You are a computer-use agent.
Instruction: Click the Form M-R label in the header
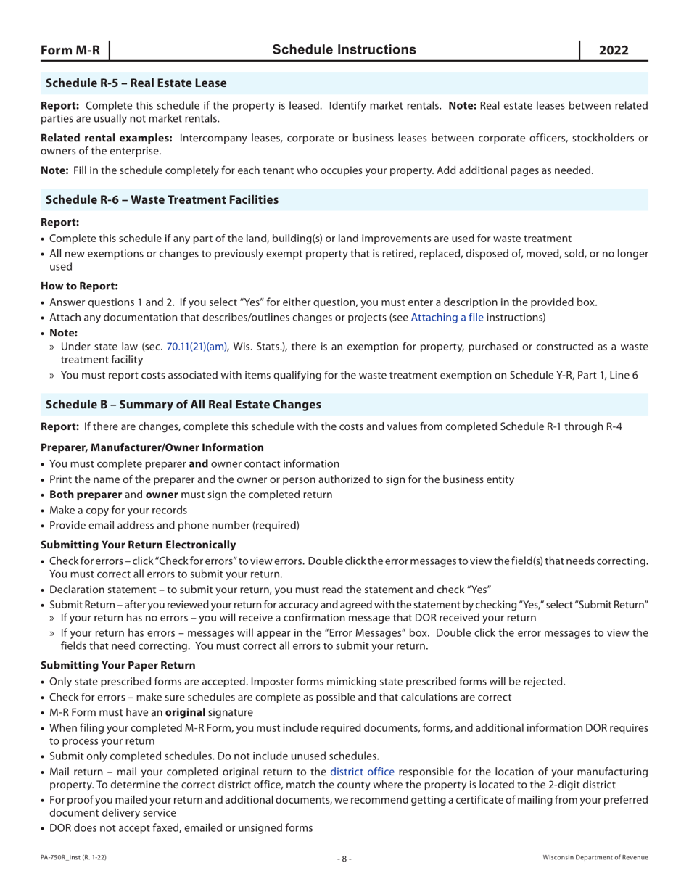coord(70,50)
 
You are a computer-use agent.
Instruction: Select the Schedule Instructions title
coord(344,49)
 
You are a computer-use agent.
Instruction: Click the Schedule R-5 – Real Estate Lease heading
coord(136,83)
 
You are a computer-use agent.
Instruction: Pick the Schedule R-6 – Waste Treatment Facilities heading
coord(162,199)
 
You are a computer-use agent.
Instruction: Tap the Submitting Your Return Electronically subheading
coord(138,544)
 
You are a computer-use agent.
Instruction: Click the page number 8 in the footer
coord(344,858)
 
